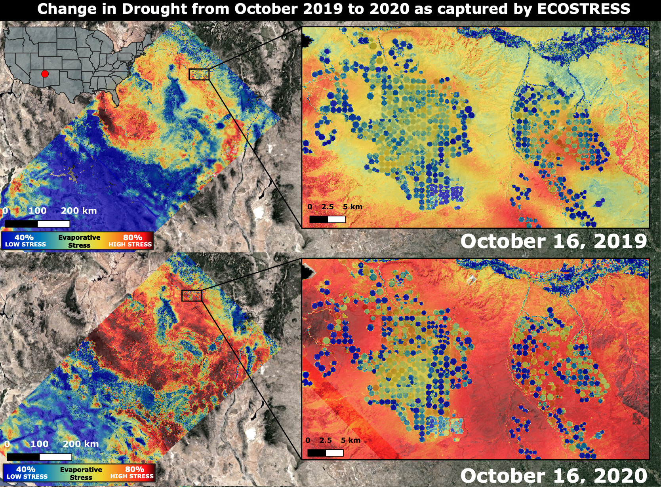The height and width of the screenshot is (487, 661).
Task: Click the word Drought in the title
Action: click(x=147, y=9)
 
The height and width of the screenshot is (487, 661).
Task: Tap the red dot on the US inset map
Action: click(x=45, y=74)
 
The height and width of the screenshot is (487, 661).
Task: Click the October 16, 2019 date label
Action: click(x=553, y=241)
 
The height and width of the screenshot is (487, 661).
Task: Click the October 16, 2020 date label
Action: click(x=553, y=475)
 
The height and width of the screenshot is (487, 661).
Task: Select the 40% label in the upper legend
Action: click(x=24, y=237)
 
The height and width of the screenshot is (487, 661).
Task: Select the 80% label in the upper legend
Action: click(x=132, y=237)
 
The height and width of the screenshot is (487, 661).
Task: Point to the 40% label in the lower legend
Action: click(x=26, y=469)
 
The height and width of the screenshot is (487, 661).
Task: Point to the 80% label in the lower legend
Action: click(x=134, y=469)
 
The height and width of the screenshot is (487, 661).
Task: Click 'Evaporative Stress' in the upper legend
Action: click(x=79, y=241)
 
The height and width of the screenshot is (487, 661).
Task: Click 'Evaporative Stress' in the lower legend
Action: click(x=81, y=473)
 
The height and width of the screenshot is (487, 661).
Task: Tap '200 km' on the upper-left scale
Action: click(x=78, y=211)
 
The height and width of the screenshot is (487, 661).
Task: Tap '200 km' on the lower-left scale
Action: click(x=80, y=444)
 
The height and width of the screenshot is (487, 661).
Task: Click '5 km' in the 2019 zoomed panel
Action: click(x=352, y=207)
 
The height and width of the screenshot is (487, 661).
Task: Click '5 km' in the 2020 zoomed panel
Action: click(x=351, y=440)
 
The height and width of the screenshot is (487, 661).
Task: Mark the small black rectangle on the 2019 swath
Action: click(x=199, y=74)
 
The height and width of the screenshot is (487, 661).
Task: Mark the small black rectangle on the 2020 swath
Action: click(x=192, y=296)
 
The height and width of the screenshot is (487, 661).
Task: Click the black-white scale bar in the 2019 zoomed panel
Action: click(x=327, y=219)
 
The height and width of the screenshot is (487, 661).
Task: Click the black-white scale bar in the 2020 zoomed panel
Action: click(x=325, y=453)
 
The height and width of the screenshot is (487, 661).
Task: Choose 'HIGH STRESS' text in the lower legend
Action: click(x=132, y=476)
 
